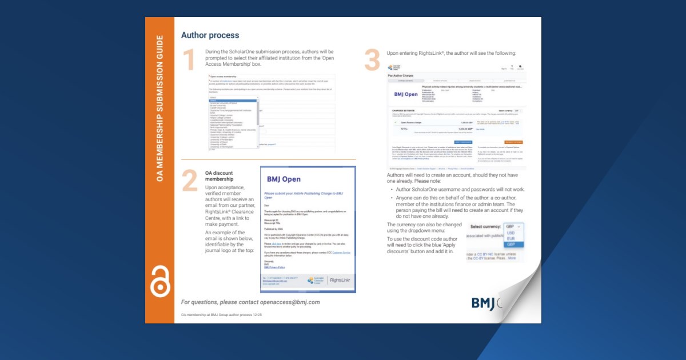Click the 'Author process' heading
(x=210, y=35)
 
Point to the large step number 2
(x=189, y=181)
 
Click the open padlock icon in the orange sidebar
(x=160, y=281)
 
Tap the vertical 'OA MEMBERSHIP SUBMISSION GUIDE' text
(x=160, y=109)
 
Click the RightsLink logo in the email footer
(x=340, y=280)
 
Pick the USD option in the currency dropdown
(x=510, y=233)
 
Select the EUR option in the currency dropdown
(x=510, y=239)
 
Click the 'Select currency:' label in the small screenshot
(x=486, y=227)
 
